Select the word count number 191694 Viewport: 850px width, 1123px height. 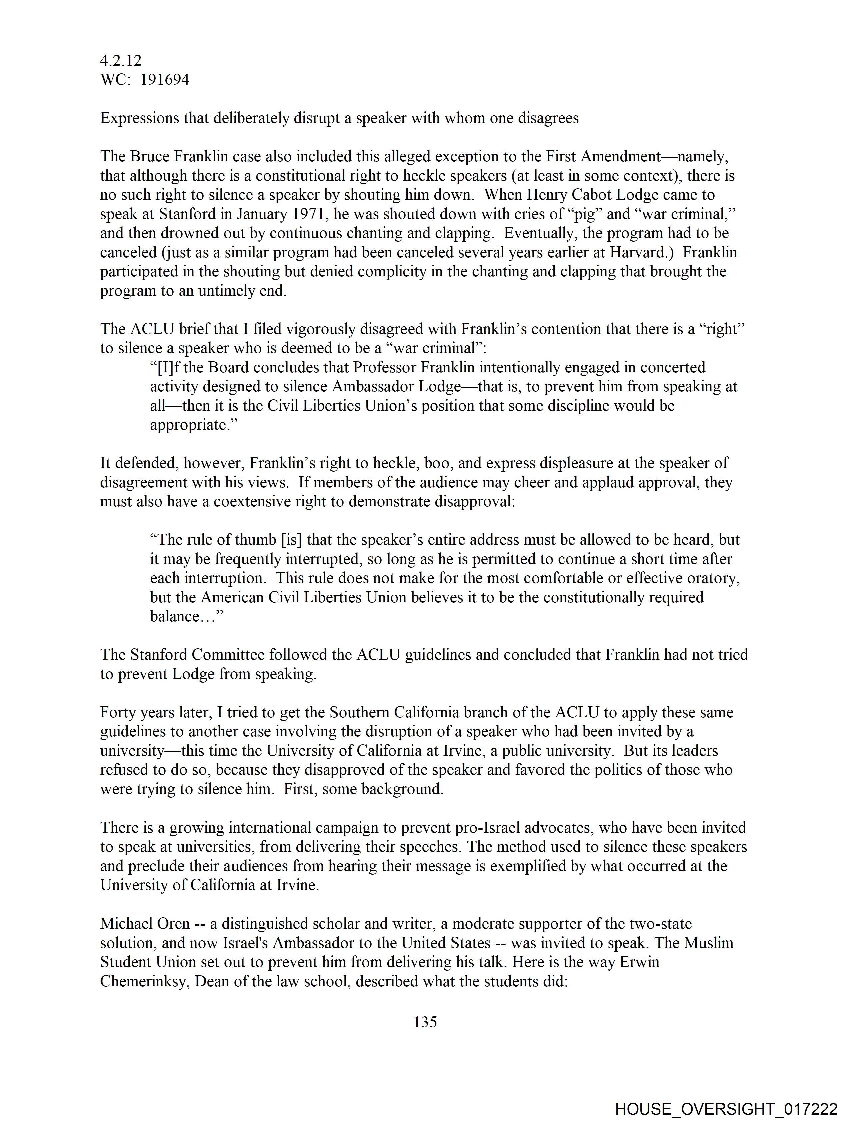point(165,80)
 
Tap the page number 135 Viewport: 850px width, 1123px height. point(425,1022)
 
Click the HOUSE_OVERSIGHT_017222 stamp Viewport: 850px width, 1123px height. point(726,1109)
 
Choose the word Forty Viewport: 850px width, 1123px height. point(120,712)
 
